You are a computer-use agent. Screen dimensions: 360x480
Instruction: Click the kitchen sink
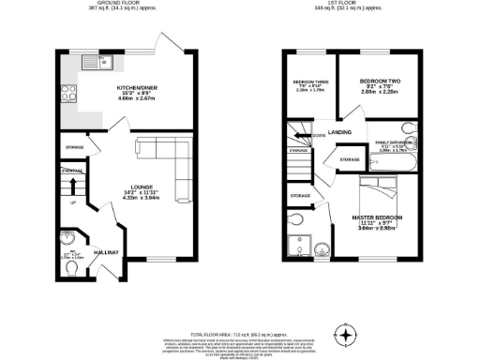pyautogui.click(x=97, y=63)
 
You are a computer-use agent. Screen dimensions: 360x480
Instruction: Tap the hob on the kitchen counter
pyautogui.click(x=68, y=92)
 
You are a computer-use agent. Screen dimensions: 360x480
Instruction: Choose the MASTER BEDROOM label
pyautogui.click(x=377, y=217)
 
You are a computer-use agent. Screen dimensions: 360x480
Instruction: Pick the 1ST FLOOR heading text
pyautogui.click(x=359, y=5)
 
